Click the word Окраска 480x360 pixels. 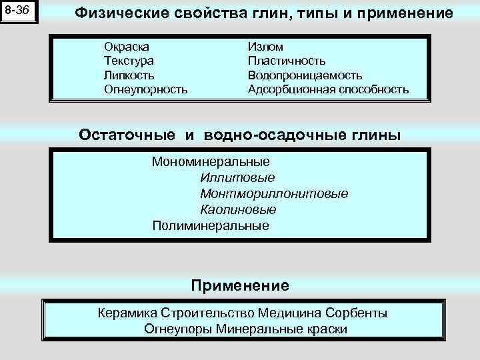pyautogui.click(x=127, y=47)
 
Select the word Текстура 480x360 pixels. pyautogui.click(x=129, y=61)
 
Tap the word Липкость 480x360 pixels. pyautogui.click(x=129, y=75)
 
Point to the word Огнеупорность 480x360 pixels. pyautogui.click(x=145, y=89)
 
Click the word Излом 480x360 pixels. pyautogui.click(x=265, y=47)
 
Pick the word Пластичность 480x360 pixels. pyautogui.click(x=287, y=61)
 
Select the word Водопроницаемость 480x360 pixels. pyautogui.click(x=305, y=75)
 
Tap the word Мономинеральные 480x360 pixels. pyautogui.click(x=211, y=162)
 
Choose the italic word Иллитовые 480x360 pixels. pyautogui.click(x=237, y=178)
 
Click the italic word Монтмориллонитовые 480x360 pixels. pyautogui.click(x=274, y=194)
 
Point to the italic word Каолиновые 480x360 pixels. pyautogui.click(x=238, y=210)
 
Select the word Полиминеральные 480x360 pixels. pyautogui.click(x=211, y=225)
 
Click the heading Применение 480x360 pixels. pyautogui.click(x=240, y=286)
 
